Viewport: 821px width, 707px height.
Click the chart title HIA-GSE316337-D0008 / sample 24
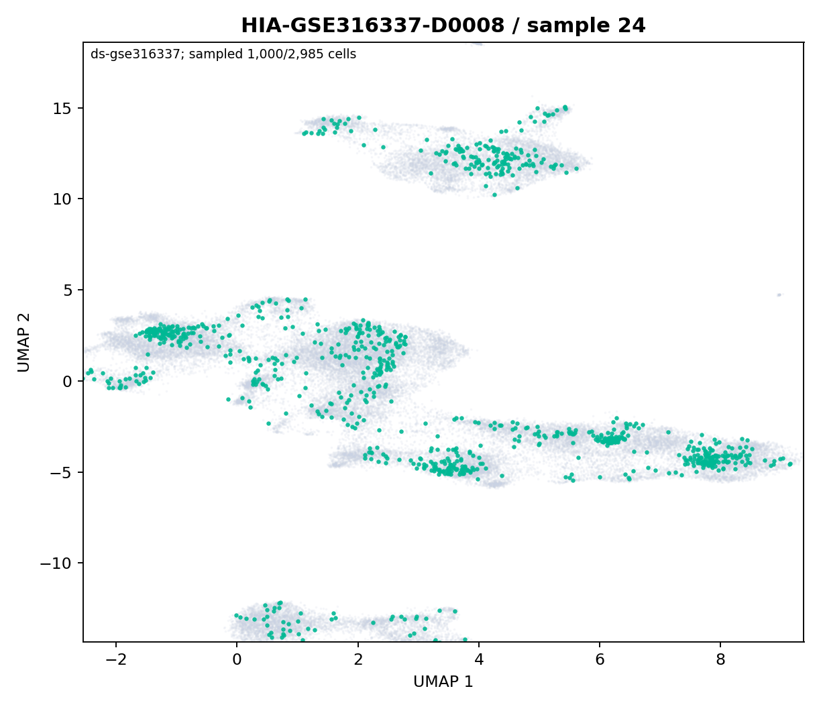pyautogui.click(x=443, y=25)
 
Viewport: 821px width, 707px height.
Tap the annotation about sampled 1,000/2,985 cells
pyautogui.click(x=223, y=54)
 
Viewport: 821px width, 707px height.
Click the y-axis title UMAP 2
pyautogui.click(x=24, y=342)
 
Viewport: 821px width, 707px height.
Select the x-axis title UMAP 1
pyautogui.click(x=443, y=682)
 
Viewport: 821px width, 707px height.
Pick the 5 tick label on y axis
pyautogui.click(x=68, y=290)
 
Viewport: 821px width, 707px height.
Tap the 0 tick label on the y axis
pyautogui.click(x=68, y=381)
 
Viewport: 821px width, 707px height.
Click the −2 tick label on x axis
pyautogui.click(x=116, y=660)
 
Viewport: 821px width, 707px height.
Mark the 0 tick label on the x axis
pyautogui.click(x=237, y=660)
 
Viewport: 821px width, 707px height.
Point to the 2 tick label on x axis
pyautogui.click(x=358, y=660)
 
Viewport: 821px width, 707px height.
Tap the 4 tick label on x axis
pyautogui.click(x=479, y=660)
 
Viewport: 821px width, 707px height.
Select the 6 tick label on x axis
pyautogui.click(x=600, y=660)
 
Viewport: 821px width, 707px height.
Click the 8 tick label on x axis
pyautogui.click(x=720, y=660)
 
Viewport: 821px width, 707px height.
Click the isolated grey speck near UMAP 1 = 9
pyautogui.click(x=779, y=294)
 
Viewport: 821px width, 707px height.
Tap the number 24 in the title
pyautogui.click(x=632, y=25)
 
